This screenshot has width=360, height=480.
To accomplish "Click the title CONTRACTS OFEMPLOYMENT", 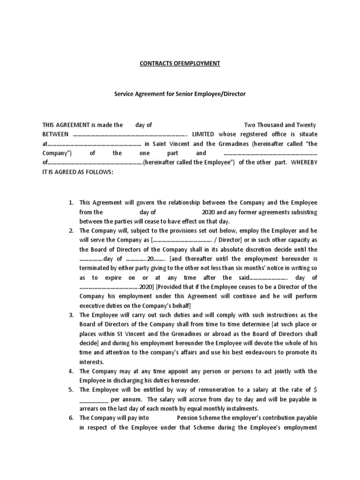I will (x=180, y=63).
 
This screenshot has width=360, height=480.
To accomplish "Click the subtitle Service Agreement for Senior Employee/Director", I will (x=180, y=94).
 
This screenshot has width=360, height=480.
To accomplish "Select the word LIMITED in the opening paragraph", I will (x=201, y=135).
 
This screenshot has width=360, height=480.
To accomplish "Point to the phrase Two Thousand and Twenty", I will (x=280, y=125).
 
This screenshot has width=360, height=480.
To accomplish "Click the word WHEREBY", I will (x=305, y=163).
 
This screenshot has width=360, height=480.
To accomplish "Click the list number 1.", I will (x=71, y=203).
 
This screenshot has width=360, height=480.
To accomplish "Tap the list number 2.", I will (x=71, y=231).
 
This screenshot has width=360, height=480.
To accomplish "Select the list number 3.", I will (x=71, y=315).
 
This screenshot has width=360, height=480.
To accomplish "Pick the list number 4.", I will (x=71, y=371).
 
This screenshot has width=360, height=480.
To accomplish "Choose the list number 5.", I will (x=71, y=390).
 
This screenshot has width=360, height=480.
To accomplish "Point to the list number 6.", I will (x=71, y=418).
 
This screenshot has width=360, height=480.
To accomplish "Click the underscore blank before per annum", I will (x=94, y=399).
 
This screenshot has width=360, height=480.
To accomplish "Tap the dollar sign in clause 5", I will (x=315, y=390).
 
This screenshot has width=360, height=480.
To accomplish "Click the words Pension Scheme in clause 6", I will (x=200, y=418).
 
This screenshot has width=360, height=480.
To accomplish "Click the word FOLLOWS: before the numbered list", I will (x=97, y=172).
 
